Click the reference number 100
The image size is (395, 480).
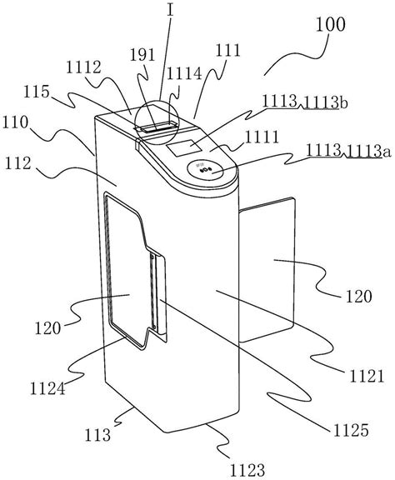pyautogui.click(x=330, y=24)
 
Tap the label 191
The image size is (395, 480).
pyautogui.click(x=142, y=55)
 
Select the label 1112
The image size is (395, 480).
pyautogui.click(x=83, y=67)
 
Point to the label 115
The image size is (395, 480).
pyautogui.click(x=37, y=91)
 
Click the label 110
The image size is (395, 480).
pyautogui.click(x=15, y=122)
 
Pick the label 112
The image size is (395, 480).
pyautogui.click(x=18, y=163)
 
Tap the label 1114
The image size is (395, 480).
pyautogui.click(x=184, y=73)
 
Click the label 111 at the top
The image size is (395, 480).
pyautogui.click(x=228, y=50)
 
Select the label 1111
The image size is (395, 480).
pyautogui.click(x=262, y=137)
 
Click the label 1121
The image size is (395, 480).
pyautogui.click(x=367, y=376)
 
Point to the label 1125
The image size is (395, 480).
pyautogui.click(x=351, y=430)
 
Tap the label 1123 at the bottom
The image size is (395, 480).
pyautogui.click(x=247, y=470)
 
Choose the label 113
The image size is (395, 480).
pyautogui.click(x=97, y=435)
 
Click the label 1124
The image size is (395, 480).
pyautogui.click(x=47, y=389)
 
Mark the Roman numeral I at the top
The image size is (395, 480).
pyautogui.click(x=171, y=10)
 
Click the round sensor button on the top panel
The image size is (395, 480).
pyautogui.click(x=205, y=169)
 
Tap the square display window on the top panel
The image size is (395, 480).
pyautogui.click(x=184, y=147)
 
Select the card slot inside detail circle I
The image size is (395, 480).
pyautogui.click(x=157, y=127)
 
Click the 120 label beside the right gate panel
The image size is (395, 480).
pyautogui.click(x=359, y=296)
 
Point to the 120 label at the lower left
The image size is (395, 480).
pyautogui.click(x=47, y=328)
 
